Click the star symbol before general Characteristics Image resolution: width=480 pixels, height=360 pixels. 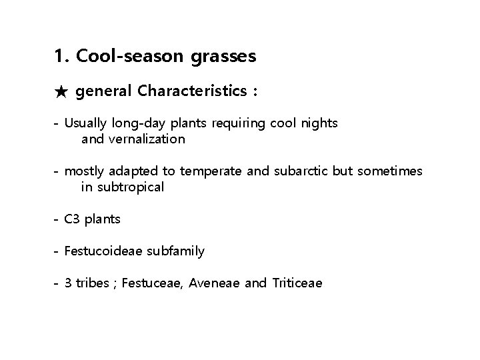tap(61, 92)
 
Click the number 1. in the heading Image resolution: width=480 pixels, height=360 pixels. tap(63, 57)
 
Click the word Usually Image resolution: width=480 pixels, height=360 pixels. tap(85, 123)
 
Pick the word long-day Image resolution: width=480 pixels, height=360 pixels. tap(133, 124)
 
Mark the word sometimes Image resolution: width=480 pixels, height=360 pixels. tap(390, 171)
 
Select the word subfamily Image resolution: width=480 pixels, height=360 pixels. tap(175, 251)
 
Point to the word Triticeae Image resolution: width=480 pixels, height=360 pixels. tap(297, 283)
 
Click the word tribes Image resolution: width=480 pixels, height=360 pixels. tap(90, 283)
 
